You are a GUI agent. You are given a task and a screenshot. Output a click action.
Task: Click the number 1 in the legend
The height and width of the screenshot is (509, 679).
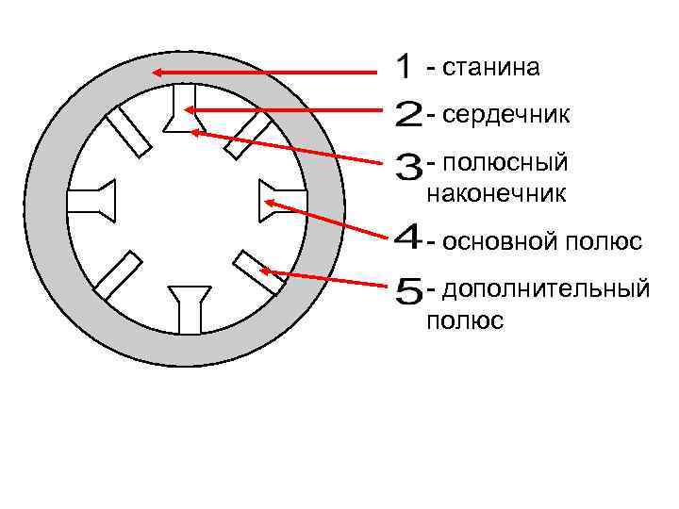[404, 67]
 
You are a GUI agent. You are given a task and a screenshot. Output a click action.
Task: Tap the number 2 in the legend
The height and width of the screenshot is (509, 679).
[408, 117]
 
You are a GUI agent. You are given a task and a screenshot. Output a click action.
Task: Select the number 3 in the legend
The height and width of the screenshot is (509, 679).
[409, 169]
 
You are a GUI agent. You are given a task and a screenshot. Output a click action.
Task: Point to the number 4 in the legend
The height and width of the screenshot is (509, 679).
[407, 238]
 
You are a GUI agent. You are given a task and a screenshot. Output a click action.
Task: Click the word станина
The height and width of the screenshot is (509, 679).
[490, 67]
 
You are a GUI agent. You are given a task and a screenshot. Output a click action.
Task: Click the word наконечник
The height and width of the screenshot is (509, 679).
[496, 195]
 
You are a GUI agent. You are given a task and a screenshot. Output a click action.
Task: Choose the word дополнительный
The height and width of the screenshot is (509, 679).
[546, 287]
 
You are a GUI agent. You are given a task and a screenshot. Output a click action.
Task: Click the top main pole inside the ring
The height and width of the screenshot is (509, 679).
[184, 108]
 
